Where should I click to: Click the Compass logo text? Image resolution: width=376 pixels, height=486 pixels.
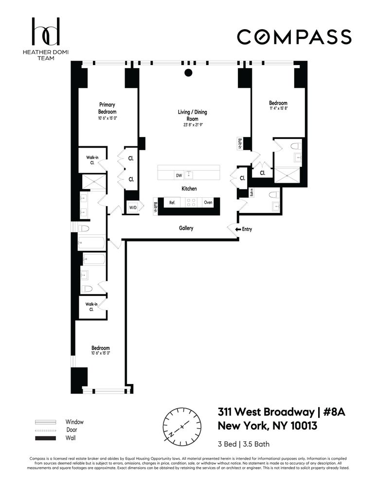tap(294, 37)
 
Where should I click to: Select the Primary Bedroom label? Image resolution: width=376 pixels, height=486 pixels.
tap(107, 108)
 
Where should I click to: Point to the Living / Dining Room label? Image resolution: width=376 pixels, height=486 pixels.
tap(192, 115)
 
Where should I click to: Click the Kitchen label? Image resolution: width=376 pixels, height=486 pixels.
tap(189, 189)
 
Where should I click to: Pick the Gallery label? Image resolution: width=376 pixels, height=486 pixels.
tap(186, 228)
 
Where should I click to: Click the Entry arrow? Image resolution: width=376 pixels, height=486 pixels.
tap(238, 229)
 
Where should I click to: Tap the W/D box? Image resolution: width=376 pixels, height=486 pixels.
tap(132, 208)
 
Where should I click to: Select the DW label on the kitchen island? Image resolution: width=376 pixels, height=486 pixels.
tap(179, 175)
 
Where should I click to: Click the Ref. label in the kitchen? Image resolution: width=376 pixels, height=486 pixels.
tap(172, 202)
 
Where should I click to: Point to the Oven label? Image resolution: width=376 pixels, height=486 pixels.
tap(208, 202)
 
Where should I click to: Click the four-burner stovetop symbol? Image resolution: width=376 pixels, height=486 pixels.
tap(192, 202)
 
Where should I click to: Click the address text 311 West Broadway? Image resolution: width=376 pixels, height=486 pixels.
tap(265, 413)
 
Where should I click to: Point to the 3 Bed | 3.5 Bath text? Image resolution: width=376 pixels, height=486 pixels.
tap(244, 444)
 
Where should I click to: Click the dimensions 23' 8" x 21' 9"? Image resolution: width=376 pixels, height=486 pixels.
tap(192, 125)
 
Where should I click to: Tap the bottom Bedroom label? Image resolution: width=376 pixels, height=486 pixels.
tap(101, 348)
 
